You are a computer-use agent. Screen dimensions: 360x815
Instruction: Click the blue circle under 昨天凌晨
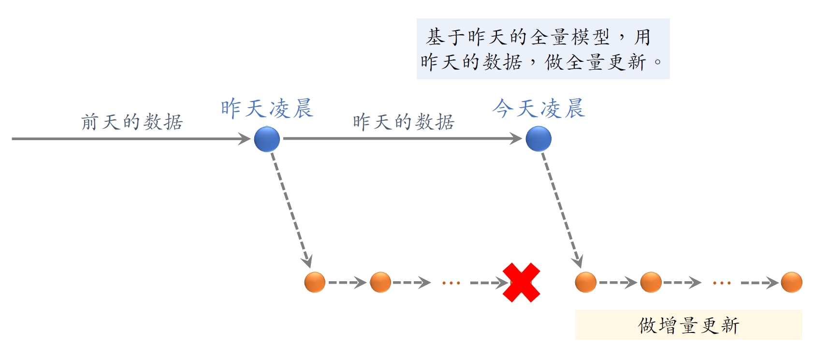267,139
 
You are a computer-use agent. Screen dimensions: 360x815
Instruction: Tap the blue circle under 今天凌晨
538,139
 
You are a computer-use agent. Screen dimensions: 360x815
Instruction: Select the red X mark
521,283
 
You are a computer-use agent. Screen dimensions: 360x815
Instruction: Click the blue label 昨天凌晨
267,109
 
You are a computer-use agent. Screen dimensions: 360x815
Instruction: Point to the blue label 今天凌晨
539,109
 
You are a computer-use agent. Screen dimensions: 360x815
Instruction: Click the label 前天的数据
131,122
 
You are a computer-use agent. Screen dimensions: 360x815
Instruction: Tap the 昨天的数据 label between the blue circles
404,122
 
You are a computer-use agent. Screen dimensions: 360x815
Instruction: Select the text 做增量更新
688,326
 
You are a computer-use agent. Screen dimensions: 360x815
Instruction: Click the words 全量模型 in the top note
570,37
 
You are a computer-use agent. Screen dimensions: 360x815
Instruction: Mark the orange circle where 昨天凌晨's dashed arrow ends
315,282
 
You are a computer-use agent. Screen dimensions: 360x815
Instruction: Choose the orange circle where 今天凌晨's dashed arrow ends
585,282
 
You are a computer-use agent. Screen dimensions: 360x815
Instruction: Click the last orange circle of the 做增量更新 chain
791,282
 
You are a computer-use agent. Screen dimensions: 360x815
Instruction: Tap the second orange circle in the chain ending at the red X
380,282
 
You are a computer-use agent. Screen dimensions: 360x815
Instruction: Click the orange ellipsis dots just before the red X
451,283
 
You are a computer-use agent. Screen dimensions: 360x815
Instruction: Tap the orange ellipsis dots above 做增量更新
722,283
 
